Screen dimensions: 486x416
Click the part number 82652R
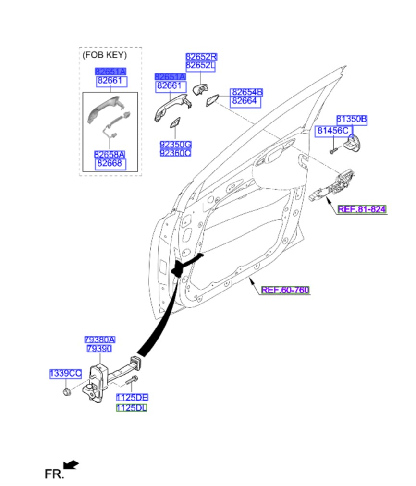[201, 57]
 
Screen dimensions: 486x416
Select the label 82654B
[246, 92]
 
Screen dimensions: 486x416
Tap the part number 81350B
[351, 120]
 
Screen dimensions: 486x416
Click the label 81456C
[331, 131]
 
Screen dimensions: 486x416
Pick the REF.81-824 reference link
[362, 209]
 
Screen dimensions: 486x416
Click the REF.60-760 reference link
[285, 290]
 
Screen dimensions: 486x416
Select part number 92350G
[175, 144]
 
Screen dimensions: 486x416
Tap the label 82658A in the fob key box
[110, 155]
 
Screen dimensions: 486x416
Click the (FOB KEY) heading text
[105, 55]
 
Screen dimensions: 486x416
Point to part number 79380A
[100, 340]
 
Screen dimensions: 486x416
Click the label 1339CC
[66, 373]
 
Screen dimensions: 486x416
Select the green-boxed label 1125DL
[132, 408]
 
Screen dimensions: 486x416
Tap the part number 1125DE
[132, 398]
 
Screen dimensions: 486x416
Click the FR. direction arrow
[71, 464]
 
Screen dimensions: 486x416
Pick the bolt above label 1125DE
[131, 382]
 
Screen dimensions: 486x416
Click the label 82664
[246, 101]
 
